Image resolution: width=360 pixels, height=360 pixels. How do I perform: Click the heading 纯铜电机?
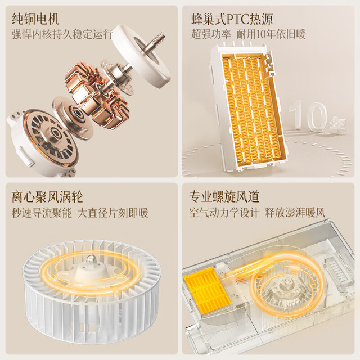pos(35,19)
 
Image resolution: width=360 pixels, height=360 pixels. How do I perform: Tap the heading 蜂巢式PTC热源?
pos(232,19)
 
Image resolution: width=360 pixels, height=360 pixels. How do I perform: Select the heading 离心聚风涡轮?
pos(47,197)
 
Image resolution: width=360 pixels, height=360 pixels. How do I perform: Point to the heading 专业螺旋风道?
pos(224,196)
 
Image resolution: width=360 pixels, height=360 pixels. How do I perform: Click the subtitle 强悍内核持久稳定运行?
pos(62,34)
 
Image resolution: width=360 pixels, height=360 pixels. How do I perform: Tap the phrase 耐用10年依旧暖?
pos(271,34)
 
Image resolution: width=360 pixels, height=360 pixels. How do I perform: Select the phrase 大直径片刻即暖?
pos(113,213)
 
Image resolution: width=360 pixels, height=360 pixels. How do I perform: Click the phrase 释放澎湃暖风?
pos(295,213)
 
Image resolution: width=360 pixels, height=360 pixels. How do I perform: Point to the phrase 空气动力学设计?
pos(224,213)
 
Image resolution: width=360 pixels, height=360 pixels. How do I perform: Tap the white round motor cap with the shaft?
pos(141,55)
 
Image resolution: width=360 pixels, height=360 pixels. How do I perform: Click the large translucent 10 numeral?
pos(308,116)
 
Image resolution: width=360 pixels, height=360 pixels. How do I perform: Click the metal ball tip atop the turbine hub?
pos(91,259)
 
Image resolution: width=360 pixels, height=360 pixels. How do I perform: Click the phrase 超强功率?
pos(211,34)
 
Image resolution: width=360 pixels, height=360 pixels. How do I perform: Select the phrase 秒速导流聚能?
pos(42,213)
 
